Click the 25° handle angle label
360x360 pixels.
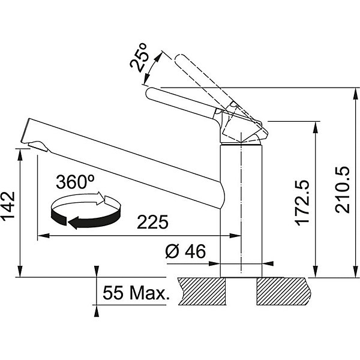point(139,58)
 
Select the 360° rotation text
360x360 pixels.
point(76,182)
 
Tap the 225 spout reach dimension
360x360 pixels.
point(152,222)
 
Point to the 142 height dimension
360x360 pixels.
point(9,206)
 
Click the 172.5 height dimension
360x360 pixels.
point(302,203)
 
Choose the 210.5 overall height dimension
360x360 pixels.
point(342,190)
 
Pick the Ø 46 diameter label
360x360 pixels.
point(185,251)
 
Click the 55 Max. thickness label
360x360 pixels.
point(136,293)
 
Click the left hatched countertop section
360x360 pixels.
point(202,291)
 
